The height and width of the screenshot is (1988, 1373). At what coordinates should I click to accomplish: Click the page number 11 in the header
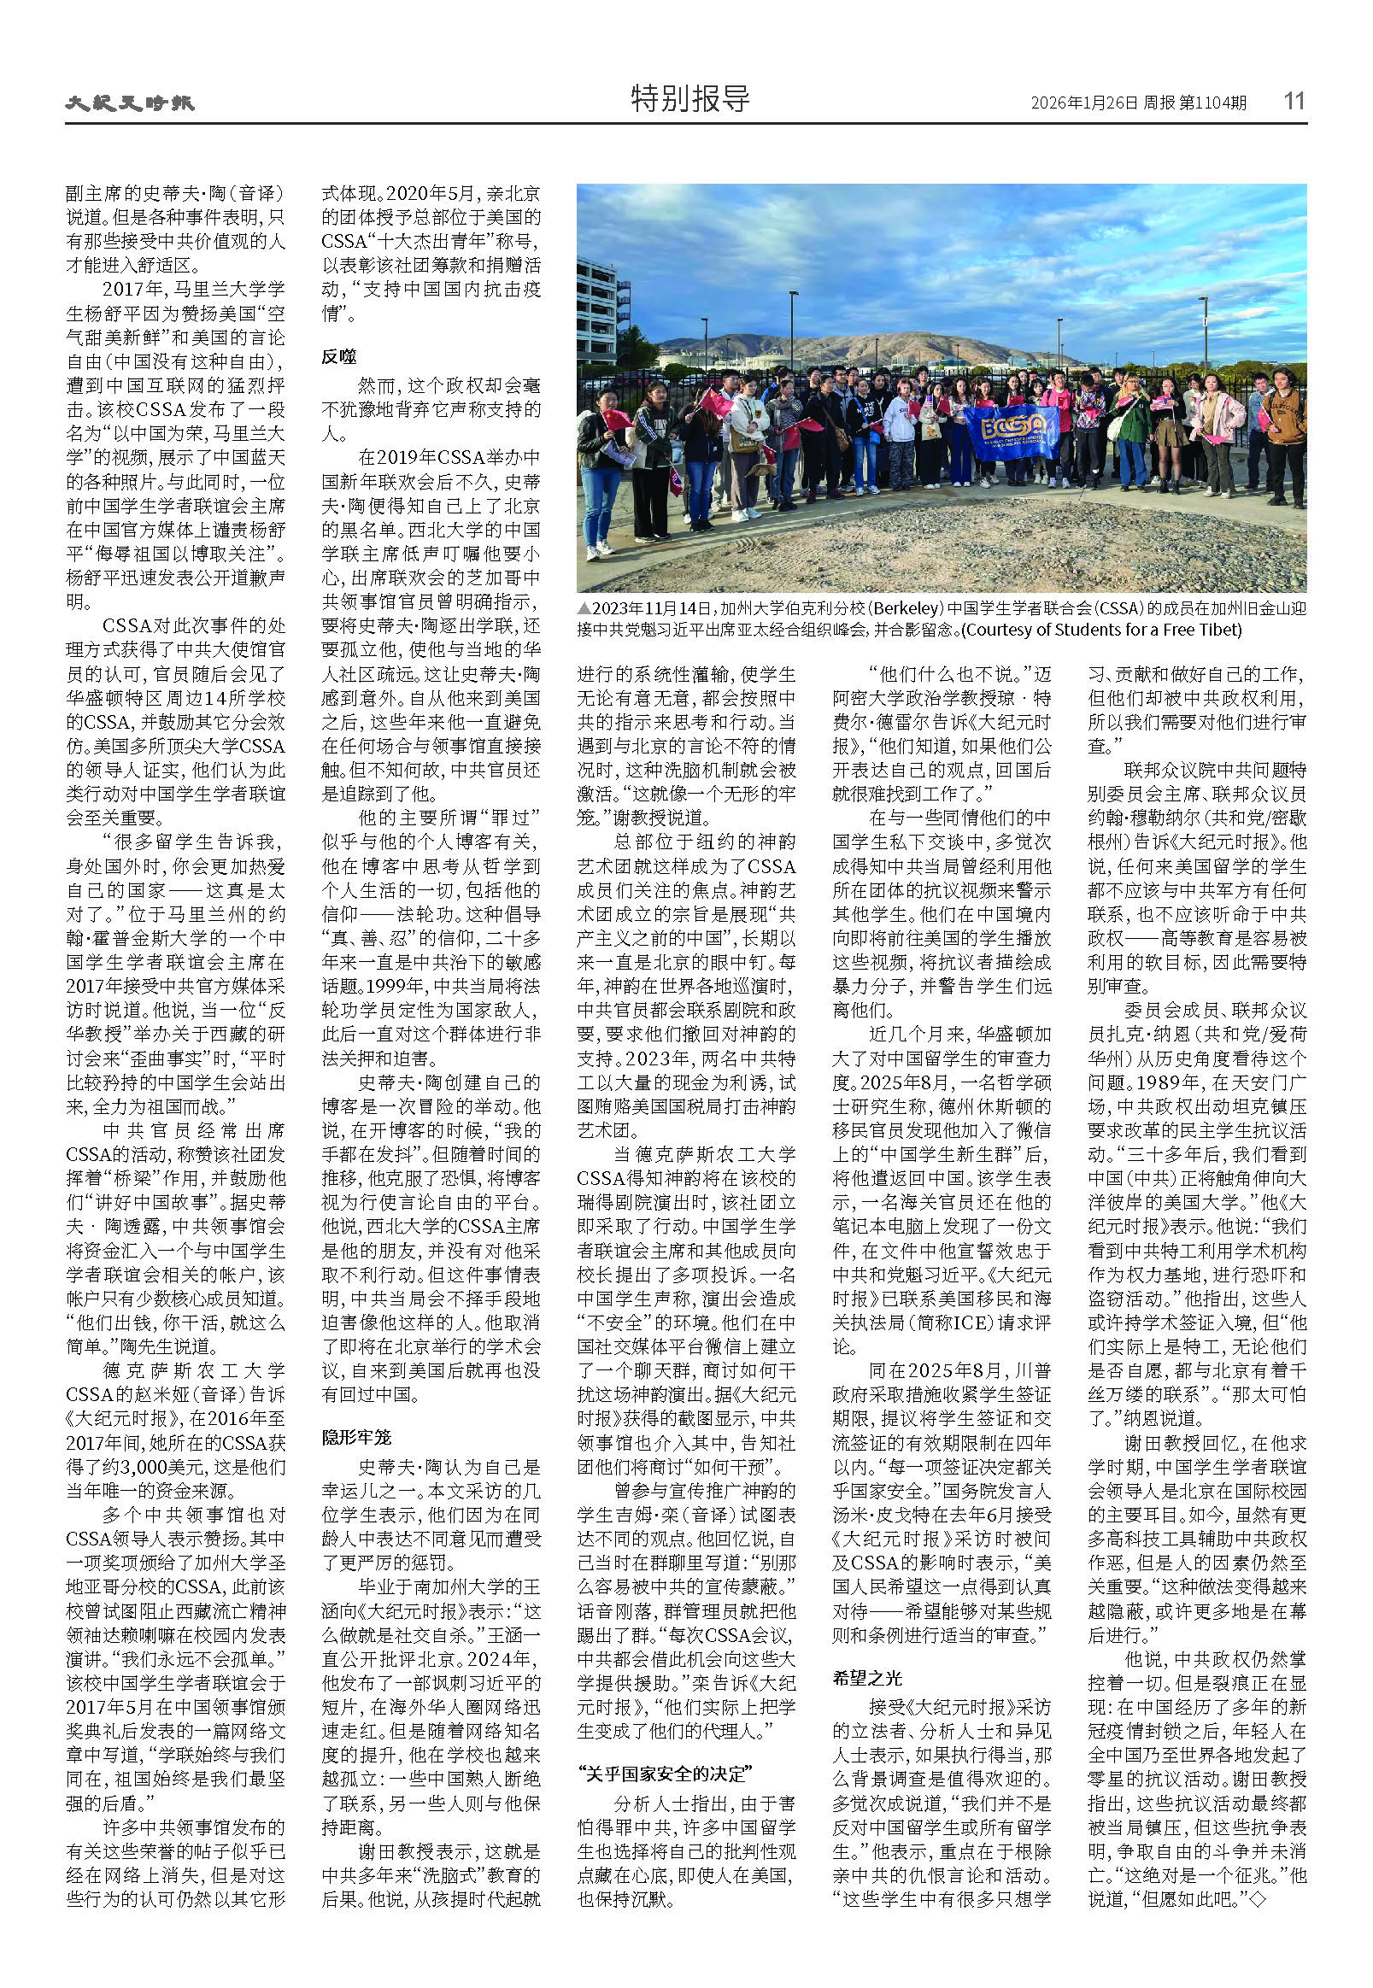point(1294,101)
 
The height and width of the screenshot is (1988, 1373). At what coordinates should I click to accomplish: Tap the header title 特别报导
point(690,99)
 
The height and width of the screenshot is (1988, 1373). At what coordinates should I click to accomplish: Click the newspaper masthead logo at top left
point(130,103)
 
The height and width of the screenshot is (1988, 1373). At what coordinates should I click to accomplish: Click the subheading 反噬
point(339,356)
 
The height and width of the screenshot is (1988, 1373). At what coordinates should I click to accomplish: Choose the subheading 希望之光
point(867,1678)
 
